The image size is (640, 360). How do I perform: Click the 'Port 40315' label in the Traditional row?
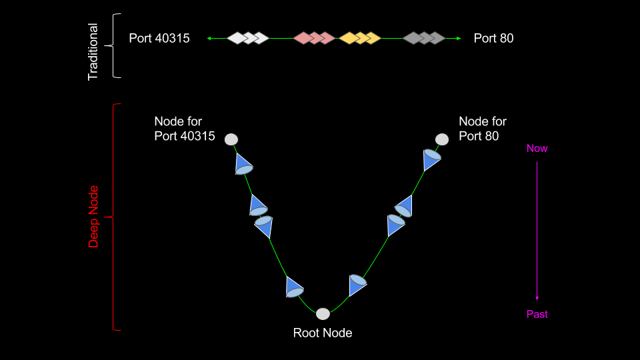(x=159, y=39)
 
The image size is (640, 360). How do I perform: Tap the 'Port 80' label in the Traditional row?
(x=493, y=39)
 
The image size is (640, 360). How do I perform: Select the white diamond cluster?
(x=247, y=38)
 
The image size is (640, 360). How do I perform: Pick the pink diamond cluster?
(x=314, y=38)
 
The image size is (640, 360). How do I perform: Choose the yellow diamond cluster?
(x=359, y=38)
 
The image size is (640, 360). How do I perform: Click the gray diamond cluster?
(x=424, y=38)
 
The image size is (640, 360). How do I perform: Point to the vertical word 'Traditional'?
(x=93, y=52)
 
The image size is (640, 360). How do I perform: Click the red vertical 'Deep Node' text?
(x=93, y=217)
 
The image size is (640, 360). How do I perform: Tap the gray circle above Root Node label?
(x=323, y=313)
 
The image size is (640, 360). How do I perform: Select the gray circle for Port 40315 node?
(x=231, y=139)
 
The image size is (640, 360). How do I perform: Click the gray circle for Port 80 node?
(x=442, y=139)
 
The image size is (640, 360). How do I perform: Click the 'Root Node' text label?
(x=323, y=333)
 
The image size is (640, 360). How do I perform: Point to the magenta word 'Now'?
(x=537, y=148)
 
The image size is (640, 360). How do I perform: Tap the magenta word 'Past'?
(x=537, y=314)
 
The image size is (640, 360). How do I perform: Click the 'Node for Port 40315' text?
(x=185, y=129)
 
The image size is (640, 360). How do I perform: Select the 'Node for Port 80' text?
(x=483, y=129)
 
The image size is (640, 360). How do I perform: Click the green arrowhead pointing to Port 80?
(x=459, y=39)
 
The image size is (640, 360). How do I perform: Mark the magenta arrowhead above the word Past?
(x=537, y=298)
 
